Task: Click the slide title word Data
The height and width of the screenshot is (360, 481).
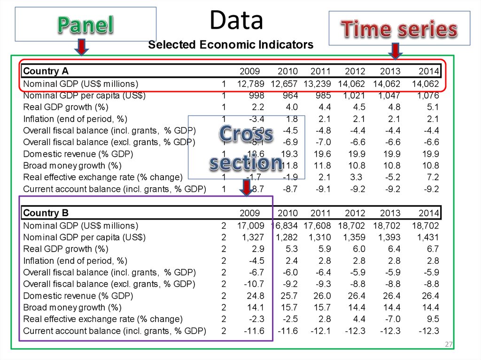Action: pos(236,21)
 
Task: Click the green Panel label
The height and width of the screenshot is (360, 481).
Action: pos(85,25)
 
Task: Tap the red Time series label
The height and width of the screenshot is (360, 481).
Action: pos(399,30)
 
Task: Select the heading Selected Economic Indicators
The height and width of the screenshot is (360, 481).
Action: pos(231,45)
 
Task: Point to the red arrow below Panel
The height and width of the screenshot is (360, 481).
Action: pos(82,47)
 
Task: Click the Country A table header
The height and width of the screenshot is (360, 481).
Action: pos(46,71)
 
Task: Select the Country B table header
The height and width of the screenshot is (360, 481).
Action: pos(46,214)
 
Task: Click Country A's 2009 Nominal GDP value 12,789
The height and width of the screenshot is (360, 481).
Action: pos(251,84)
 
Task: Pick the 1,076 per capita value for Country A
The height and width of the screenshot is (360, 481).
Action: pos(427,96)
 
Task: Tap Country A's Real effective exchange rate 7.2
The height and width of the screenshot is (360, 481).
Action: pos(433,177)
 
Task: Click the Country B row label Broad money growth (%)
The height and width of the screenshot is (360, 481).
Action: pos(72,307)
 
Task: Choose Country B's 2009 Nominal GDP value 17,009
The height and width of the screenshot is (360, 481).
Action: pos(251,225)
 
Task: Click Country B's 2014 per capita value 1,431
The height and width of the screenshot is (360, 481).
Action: pos(427,237)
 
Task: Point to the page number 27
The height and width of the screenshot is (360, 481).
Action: pos(449,345)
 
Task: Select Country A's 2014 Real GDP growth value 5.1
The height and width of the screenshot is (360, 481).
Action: pos(433,107)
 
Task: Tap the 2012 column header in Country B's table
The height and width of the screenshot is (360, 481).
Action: pos(355,214)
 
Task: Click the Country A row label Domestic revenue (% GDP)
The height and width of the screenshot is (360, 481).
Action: pos(78,154)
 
